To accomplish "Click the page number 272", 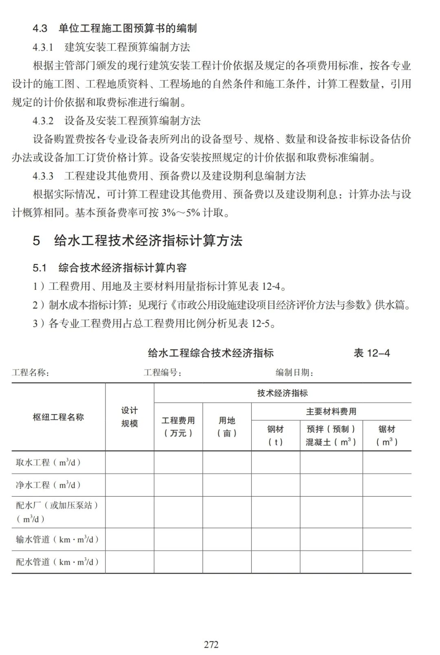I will [211, 644].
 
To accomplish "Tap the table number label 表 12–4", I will [372, 353].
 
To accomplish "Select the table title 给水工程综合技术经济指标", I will [211, 353].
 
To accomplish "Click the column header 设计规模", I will [130, 417].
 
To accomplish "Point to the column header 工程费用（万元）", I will [178, 427].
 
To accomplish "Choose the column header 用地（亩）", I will [227, 427].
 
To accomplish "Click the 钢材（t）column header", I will [275, 435].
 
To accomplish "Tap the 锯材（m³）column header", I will [387, 435].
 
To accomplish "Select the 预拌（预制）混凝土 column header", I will [331, 435].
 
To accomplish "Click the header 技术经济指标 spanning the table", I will [282, 393].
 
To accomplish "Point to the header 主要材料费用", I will [331, 412].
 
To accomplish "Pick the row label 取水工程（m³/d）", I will [48, 462].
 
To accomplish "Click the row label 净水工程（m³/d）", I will [48, 485].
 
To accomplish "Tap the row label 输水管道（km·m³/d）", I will [57, 539].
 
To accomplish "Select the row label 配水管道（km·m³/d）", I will [57, 562].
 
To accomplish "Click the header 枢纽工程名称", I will [58, 417].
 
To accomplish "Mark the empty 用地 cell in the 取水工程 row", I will [227, 462].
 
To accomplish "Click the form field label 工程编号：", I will [163, 372].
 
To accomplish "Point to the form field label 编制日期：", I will [294, 372].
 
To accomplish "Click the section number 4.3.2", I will [43, 121].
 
